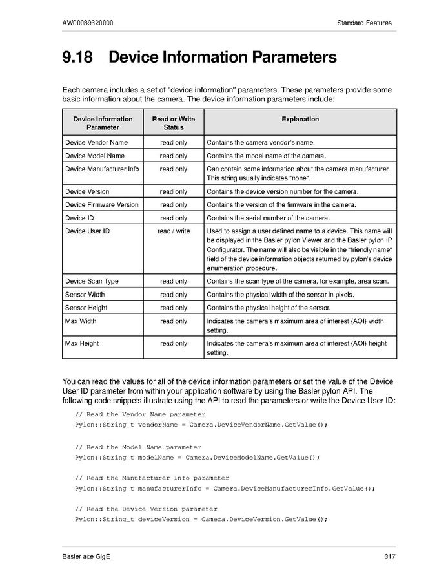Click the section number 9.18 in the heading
click(x=77, y=58)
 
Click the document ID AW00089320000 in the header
click(x=88, y=23)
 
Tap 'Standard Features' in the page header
click(x=364, y=23)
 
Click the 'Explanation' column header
click(x=300, y=119)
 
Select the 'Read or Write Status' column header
click(x=173, y=123)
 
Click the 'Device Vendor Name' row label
click(x=96, y=142)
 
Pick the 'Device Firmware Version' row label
click(x=102, y=205)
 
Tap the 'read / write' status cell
click(x=173, y=231)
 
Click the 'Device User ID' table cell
click(x=87, y=231)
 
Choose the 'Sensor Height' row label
click(x=86, y=308)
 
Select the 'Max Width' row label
click(x=81, y=321)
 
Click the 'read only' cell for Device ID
click(x=173, y=218)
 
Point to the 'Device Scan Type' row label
click(x=92, y=281)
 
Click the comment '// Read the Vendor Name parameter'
click(x=140, y=414)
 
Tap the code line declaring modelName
click(x=198, y=458)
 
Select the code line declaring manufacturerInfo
click(x=225, y=488)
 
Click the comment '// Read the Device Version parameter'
click(x=146, y=509)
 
